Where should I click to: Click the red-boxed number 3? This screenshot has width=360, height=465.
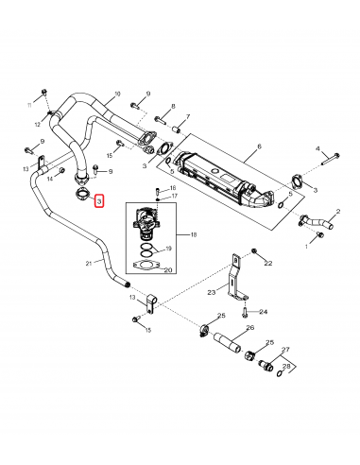tap(98, 202)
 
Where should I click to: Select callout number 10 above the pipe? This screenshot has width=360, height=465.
tap(117, 94)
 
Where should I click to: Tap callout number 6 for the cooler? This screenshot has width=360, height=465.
tap(258, 146)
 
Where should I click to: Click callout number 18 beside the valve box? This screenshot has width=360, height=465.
tap(194, 233)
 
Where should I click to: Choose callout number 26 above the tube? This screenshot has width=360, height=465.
tap(250, 328)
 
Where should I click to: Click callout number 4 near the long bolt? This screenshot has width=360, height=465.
tap(318, 148)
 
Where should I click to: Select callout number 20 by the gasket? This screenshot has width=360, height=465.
tap(168, 269)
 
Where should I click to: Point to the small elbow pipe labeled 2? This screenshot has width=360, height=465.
tap(316, 223)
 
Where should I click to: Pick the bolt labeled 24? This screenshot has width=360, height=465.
tap(245, 310)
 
